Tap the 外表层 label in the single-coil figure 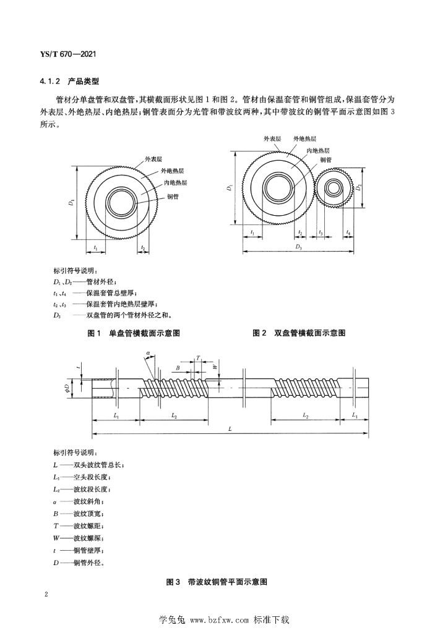[x=153, y=159]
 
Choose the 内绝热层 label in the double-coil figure [x=317, y=150]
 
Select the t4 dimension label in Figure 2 [x=349, y=233]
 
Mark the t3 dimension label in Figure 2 [x=321, y=233]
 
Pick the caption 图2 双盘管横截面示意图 [x=299, y=333]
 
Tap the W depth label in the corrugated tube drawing [x=214, y=366]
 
